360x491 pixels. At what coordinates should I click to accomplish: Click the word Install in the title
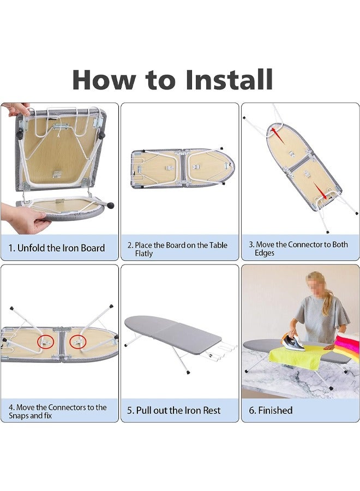point(229,80)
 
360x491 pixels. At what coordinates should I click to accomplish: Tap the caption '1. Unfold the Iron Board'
point(57,248)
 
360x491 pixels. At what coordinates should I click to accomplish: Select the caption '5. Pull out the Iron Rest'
point(174,410)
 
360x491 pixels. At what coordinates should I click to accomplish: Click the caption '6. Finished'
point(271,410)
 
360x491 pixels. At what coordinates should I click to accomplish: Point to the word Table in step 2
point(218,245)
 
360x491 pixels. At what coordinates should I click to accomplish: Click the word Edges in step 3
point(265,253)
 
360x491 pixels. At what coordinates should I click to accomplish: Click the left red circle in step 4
point(46,342)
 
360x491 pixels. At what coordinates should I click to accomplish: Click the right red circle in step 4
point(77,342)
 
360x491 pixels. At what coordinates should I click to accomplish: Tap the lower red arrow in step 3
point(320,191)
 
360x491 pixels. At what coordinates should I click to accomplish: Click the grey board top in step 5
point(172,332)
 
